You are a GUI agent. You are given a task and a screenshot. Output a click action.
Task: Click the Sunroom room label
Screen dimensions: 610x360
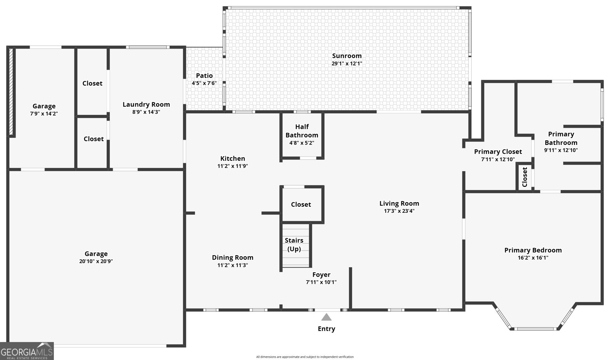tap(347, 56)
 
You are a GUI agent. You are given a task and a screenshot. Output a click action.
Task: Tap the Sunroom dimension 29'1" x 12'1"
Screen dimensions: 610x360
tap(347, 63)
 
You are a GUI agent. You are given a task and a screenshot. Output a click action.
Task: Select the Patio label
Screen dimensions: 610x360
tap(204, 76)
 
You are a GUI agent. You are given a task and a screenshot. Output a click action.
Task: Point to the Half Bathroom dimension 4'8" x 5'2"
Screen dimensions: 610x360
tap(302, 143)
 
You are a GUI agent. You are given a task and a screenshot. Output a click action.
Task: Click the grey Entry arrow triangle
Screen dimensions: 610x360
tap(326, 317)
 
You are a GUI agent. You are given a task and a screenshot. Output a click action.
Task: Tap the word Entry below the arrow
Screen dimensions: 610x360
tap(326, 329)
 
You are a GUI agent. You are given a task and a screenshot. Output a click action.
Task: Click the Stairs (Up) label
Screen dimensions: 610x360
tap(294, 244)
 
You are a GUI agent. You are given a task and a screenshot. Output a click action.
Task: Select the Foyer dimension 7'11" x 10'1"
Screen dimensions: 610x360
tap(321, 282)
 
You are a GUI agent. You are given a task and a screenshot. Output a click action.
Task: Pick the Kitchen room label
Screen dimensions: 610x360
tap(233, 159)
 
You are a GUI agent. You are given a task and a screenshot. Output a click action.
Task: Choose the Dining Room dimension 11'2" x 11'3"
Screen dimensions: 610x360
tap(233, 265)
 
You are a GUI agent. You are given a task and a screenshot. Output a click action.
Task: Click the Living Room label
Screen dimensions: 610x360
tap(399, 203)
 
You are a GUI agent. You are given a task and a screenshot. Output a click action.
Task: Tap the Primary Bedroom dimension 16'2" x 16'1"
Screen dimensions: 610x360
tap(533, 258)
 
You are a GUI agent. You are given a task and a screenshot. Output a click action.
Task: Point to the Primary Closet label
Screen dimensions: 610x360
tap(498, 152)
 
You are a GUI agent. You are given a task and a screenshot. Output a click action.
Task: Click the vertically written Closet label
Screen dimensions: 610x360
tap(525, 177)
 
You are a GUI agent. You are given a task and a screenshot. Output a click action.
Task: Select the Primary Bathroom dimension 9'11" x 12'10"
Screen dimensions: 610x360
tap(561, 150)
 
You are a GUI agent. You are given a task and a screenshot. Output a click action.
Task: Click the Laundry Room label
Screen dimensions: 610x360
tap(146, 104)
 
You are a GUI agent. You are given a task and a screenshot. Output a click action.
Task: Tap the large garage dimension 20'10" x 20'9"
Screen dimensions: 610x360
tap(96, 261)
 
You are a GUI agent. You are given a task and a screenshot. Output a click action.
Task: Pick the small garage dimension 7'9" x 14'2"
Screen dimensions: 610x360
tap(44, 114)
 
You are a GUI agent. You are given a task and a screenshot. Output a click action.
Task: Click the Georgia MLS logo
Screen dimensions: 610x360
tap(27, 351)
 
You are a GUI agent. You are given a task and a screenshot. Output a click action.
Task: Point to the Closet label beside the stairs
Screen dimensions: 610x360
tap(301, 204)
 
